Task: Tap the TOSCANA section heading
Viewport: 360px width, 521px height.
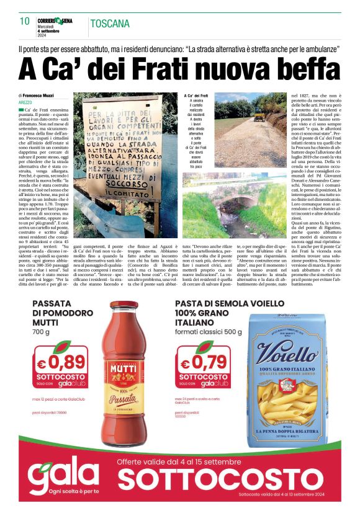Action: click(x=110, y=24)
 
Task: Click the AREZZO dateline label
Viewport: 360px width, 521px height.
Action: click(x=25, y=102)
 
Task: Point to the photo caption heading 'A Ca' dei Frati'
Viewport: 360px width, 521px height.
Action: click(x=196, y=96)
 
